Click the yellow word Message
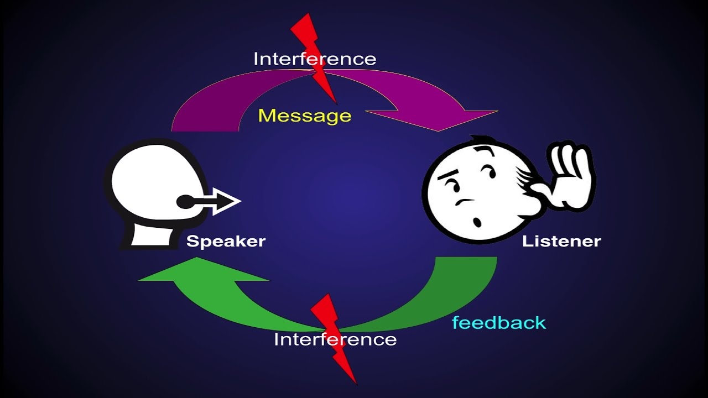pos(305,116)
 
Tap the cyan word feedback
pos(499,323)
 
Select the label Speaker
pos(226,242)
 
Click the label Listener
pos(561,242)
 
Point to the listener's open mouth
pos(476,222)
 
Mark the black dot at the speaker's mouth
pos(185,202)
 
